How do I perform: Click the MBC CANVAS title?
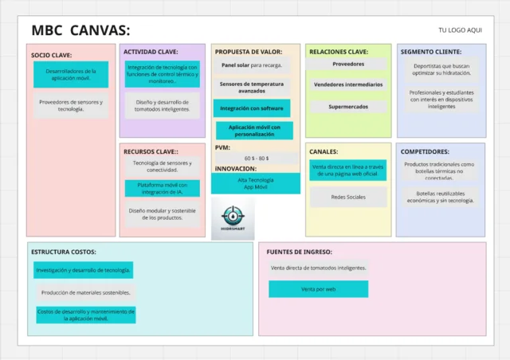click(80, 30)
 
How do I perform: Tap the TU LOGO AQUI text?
click(460, 30)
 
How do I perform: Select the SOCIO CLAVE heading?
click(52, 55)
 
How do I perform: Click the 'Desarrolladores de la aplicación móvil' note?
click(71, 75)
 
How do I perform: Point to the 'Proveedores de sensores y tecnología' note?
click(71, 105)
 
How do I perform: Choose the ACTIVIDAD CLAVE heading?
click(151, 52)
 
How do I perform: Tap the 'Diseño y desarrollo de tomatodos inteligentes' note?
click(162, 105)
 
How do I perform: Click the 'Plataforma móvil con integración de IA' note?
click(162, 188)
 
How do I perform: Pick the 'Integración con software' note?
click(252, 108)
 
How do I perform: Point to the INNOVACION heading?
click(236, 169)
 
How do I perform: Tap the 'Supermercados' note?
click(348, 106)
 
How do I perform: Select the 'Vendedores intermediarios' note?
click(348, 84)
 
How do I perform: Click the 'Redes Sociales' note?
click(348, 197)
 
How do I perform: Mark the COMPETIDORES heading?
click(425, 151)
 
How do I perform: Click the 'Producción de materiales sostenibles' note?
click(84, 293)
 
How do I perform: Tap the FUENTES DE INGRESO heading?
click(300, 252)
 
